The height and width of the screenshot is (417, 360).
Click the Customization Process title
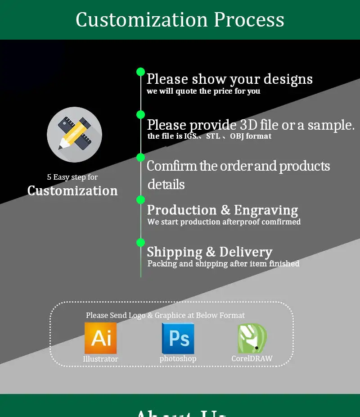(x=180, y=20)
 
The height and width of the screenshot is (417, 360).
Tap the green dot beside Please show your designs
(x=140, y=72)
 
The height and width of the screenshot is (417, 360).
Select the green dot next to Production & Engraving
(x=140, y=199)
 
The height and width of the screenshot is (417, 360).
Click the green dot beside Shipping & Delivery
(x=140, y=242)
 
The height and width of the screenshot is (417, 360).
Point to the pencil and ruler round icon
(x=74, y=134)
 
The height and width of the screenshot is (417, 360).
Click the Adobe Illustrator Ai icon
(x=101, y=338)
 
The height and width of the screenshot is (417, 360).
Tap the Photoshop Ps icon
(x=178, y=338)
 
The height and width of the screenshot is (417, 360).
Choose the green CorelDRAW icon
(x=252, y=338)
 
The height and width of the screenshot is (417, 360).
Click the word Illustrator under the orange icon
(x=100, y=359)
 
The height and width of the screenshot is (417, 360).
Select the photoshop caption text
(x=178, y=359)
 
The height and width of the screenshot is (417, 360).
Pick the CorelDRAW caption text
(x=252, y=359)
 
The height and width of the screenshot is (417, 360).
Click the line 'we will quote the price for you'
(x=203, y=91)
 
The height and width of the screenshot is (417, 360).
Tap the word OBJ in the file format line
(x=237, y=136)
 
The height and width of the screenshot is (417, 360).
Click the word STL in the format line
(x=213, y=136)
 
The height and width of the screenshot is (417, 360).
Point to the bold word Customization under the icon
(x=72, y=190)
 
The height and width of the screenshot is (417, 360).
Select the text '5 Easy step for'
(x=72, y=177)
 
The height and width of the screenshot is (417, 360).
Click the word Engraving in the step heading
(x=266, y=210)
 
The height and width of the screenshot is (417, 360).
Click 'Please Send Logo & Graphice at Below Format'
(x=165, y=315)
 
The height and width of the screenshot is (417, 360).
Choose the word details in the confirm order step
(x=166, y=184)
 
